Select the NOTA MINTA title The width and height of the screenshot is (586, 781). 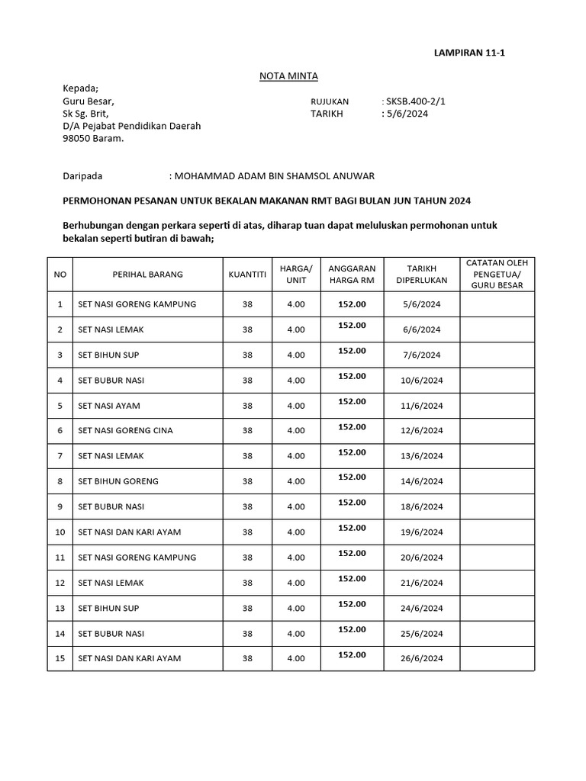pyautogui.click(x=289, y=76)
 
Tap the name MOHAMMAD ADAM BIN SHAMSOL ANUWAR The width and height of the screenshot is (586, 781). pyautogui.click(x=275, y=176)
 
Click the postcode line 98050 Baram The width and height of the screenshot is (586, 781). pyautogui.click(x=92, y=139)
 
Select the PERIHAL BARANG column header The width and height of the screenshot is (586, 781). pyautogui.click(x=147, y=275)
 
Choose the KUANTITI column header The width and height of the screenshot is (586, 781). pyautogui.click(x=247, y=275)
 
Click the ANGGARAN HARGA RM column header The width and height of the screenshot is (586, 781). pyautogui.click(x=352, y=275)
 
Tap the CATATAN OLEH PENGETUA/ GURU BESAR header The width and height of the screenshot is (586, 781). pyautogui.click(x=497, y=275)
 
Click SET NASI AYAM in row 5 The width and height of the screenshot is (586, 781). pyautogui.click(x=109, y=406)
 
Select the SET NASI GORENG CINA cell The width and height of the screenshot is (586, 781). pyautogui.click(x=125, y=431)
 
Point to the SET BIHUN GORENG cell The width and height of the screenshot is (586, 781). pyautogui.click(x=118, y=481)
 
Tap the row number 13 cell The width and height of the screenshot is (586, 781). pyautogui.click(x=60, y=608)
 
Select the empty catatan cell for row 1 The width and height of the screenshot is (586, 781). pyautogui.click(x=497, y=304)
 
